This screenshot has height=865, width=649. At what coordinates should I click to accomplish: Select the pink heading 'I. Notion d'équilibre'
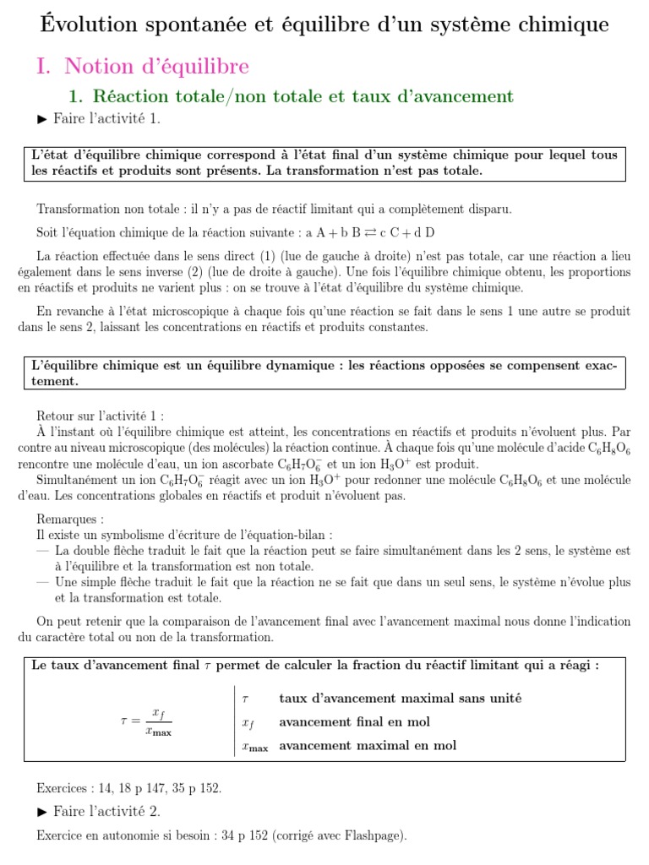pos(143,66)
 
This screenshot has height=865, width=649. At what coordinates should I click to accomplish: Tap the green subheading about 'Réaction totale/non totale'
pos(290,96)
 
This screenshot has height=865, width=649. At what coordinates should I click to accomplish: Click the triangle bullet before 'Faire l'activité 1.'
pos(43,119)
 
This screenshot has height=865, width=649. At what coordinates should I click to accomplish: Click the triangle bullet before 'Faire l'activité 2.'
pos(43,811)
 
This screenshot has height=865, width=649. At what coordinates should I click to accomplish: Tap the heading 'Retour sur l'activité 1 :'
pos(101,416)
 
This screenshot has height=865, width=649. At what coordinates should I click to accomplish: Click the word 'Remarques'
pos(70,520)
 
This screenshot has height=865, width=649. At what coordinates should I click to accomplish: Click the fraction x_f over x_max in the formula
pos(158,721)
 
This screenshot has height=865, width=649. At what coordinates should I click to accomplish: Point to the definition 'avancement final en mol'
pos(354,722)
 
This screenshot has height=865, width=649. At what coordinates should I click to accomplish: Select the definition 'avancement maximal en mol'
pos(367,745)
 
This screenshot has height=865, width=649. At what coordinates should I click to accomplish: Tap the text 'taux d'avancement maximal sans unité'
pos(400,698)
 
